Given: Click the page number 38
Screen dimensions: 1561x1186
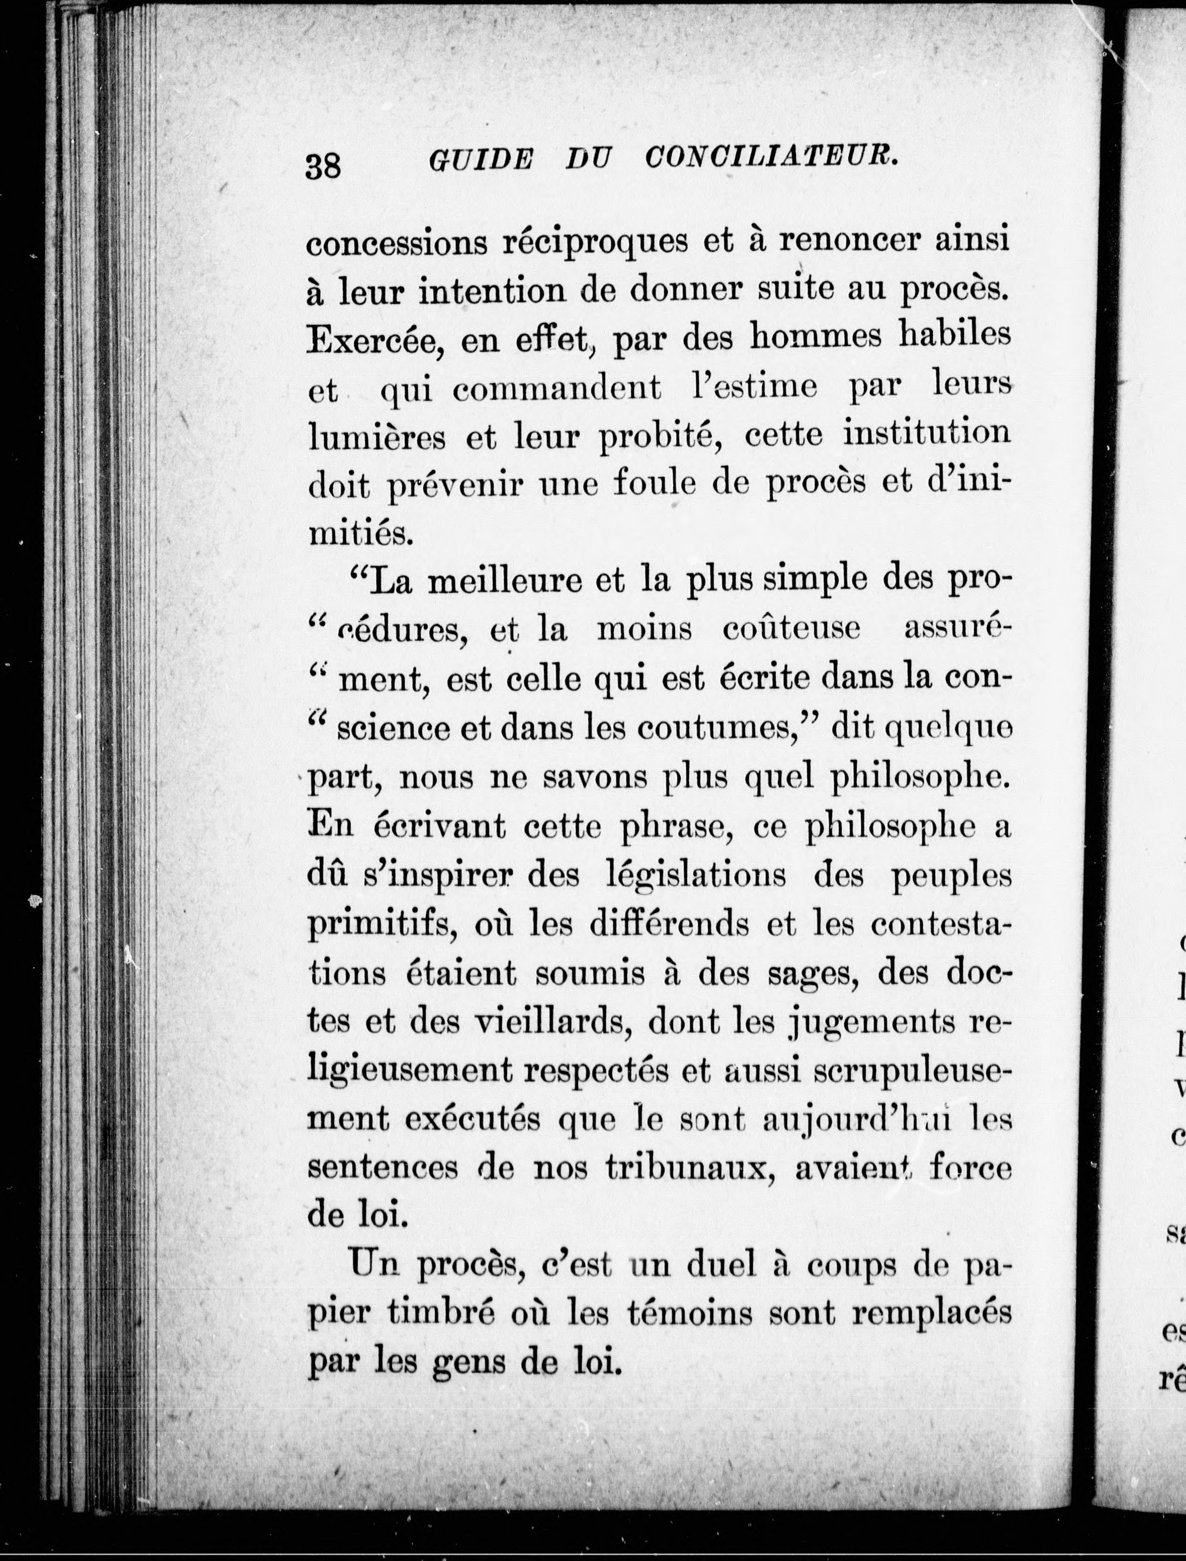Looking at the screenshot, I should click(x=323, y=167).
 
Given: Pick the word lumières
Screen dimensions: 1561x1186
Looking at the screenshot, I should click(x=378, y=438).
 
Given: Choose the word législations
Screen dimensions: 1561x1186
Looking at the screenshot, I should click(x=696, y=876).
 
